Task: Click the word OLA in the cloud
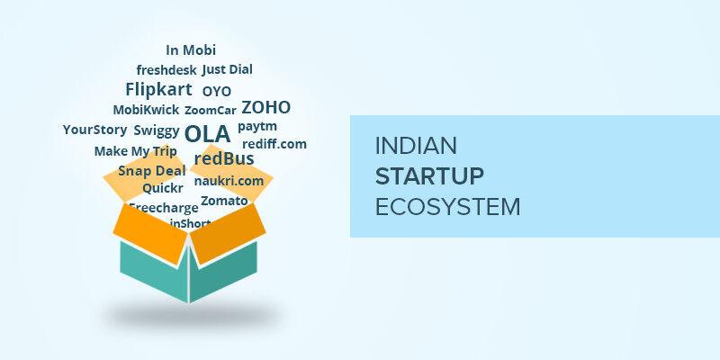[x=207, y=134]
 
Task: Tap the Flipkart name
[x=158, y=89]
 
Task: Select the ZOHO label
[x=265, y=108]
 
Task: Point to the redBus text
[x=224, y=159]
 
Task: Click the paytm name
[x=257, y=127]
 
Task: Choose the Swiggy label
[x=157, y=130]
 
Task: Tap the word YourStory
[x=95, y=130]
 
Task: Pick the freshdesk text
[x=166, y=69]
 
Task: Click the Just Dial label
[x=227, y=69]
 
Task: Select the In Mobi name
[x=191, y=50]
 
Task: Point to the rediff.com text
[x=274, y=144]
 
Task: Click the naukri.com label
[x=229, y=181]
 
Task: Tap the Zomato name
[x=224, y=200]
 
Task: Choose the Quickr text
[x=163, y=189]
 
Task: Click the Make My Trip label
[x=136, y=151]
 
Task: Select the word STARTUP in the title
[x=429, y=175]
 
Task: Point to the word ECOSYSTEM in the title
[x=447, y=206]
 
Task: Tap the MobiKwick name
[x=146, y=110]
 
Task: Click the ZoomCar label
[x=211, y=111]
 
